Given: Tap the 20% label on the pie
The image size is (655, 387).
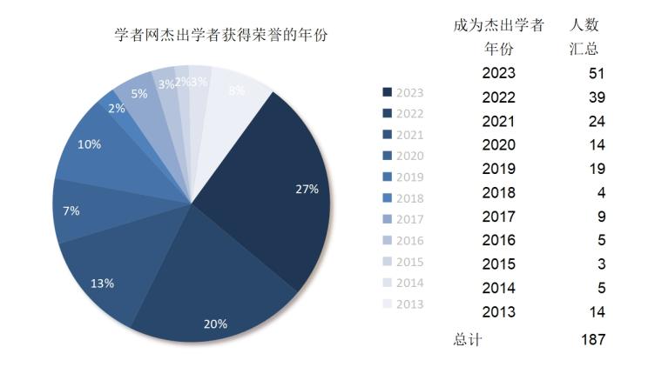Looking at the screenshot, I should coord(215,324).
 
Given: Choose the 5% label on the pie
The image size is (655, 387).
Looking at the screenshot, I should coord(138,93).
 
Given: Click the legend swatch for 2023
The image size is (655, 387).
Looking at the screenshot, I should coord(388,92).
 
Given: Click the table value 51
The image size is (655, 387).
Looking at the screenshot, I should coord(596,74).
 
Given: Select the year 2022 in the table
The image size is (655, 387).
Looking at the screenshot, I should coord(499,97).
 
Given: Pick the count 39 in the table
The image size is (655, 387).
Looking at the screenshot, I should coord(596,97).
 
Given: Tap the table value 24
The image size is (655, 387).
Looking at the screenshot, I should coord(596,122).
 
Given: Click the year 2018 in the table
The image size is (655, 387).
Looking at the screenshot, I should coord(499,193).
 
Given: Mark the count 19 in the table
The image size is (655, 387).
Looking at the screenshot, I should coord(596,170).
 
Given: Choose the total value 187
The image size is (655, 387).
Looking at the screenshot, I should coord(592,339).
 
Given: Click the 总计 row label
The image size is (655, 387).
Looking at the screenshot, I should coord(468,339).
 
